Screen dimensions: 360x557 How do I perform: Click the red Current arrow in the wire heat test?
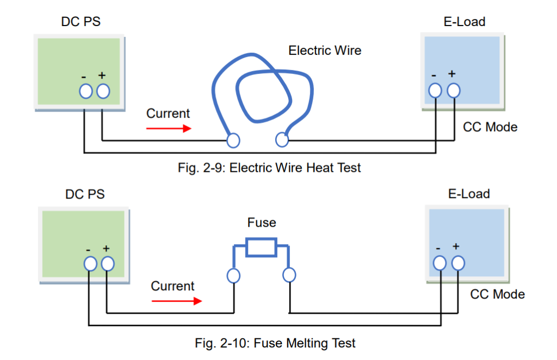pos(169,129)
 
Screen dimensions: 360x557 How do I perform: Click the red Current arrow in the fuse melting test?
pos(173,300)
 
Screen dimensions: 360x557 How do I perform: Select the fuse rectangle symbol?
pos(262,247)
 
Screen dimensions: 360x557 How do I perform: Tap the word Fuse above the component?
pos(262,223)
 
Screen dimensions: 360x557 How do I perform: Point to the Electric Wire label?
pos(325,51)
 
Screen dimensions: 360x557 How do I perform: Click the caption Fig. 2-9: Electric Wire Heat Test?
pos(269,168)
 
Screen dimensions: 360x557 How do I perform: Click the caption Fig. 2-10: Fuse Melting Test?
pos(275,343)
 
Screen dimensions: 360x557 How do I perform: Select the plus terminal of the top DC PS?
pos(103,91)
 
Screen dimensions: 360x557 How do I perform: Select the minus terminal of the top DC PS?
pos(85,91)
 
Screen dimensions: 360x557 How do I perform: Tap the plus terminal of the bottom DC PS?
pos(107,264)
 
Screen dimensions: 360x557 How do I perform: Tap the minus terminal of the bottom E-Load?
pos(440,263)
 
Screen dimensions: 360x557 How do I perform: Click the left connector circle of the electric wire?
pos(233,140)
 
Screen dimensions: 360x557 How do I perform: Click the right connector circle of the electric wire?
pos(281,140)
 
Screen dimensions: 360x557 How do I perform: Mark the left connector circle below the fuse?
pos(233,276)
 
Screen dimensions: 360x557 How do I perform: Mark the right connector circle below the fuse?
pos(289,275)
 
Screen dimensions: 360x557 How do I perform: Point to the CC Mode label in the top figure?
pos(490,127)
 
